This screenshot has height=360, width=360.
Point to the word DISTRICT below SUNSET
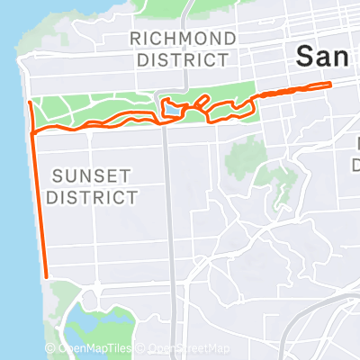tap(92, 196)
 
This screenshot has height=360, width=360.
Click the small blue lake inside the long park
tap(171, 110)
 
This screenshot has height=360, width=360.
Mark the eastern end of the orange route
tap(331, 85)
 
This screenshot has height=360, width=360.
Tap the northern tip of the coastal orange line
tap(30, 103)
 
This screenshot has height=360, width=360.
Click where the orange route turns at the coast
tap(33, 133)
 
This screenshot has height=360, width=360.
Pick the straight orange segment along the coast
tap(40, 207)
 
